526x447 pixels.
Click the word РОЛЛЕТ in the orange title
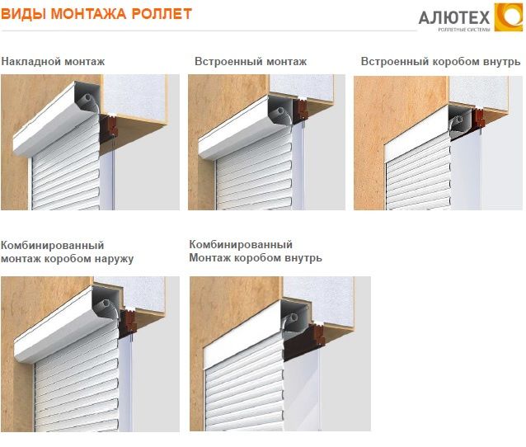(x=162, y=14)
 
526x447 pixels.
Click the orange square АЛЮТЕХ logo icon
(x=508, y=17)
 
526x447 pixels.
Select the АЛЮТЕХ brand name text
(x=454, y=17)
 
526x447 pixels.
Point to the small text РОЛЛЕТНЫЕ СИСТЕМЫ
(x=463, y=30)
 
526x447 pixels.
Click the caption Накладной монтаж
(x=53, y=61)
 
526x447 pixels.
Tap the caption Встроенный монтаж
(x=251, y=61)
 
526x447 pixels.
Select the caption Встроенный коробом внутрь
(x=440, y=62)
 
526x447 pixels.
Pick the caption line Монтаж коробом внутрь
(x=256, y=258)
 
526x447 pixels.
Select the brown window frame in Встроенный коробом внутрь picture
(x=479, y=117)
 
